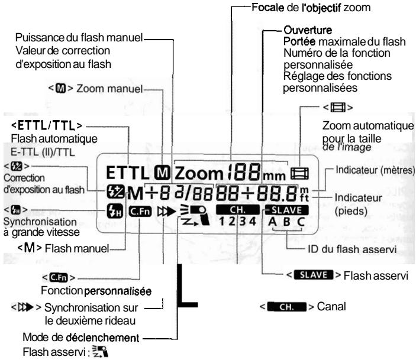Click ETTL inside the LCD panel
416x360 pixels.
[x=127, y=173]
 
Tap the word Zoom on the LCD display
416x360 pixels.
[x=199, y=173]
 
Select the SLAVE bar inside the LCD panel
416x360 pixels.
[x=286, y=210]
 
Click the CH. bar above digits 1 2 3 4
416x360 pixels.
[x=238, y=210]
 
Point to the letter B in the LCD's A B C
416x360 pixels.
[x=287, y=222]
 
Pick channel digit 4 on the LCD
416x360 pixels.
[x=252, y=221]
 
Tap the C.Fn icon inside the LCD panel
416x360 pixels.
[x=140, y=212]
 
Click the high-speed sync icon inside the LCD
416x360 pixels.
[x=115, y=211]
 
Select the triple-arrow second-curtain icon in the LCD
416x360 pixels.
[x=166, y=212]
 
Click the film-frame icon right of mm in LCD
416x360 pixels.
[x=300, y=174]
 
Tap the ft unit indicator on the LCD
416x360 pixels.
[x=304, y=198]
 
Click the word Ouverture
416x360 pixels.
[x=308, y=30]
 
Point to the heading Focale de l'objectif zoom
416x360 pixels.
[x=311, y=8]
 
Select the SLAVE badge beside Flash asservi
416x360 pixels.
[x=313, y=275]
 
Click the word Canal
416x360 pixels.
[x=331, y=307]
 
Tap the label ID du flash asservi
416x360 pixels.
[x=352, y=249]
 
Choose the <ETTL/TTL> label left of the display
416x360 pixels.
[x=47, y=125]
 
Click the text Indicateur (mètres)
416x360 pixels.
[x=375, y=170]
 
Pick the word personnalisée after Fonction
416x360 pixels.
[x=118, y=291]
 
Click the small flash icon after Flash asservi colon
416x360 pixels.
[x=100, y=351]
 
